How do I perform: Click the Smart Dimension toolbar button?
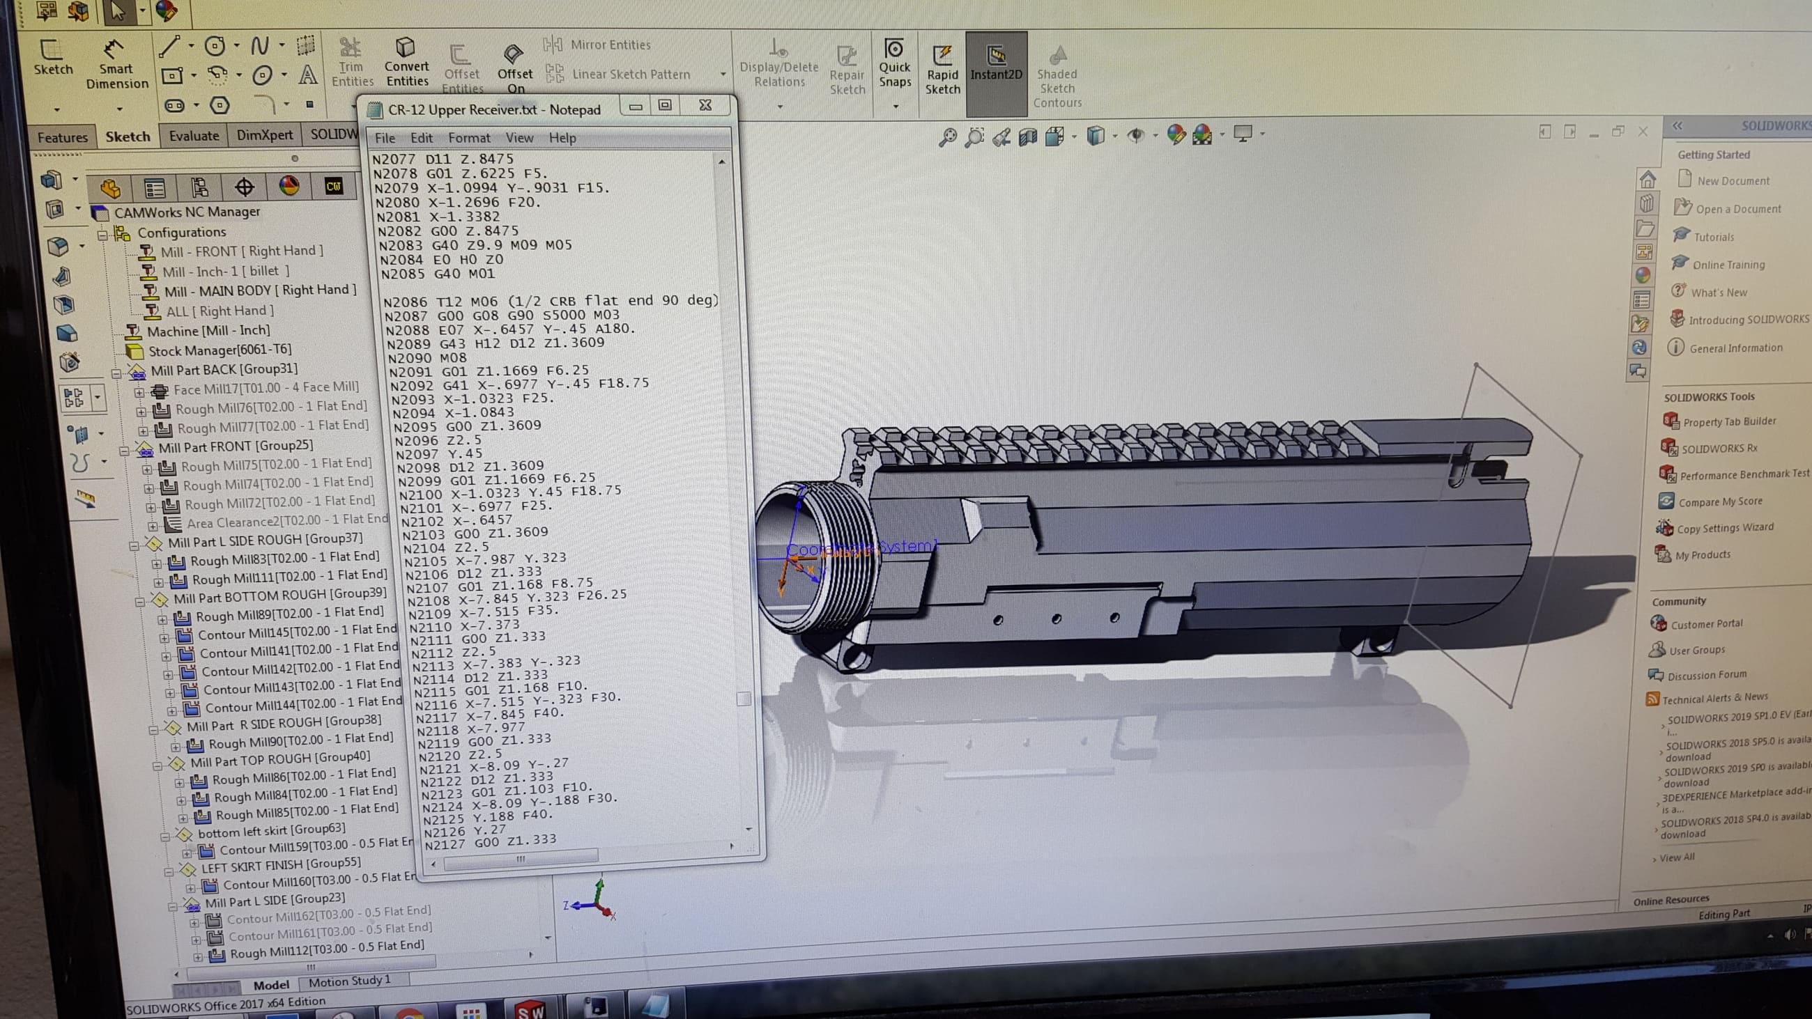(116, 67)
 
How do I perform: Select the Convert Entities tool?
(406, 63)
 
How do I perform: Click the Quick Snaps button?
(894, 63)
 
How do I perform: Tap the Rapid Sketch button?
(942, 70)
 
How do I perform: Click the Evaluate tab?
(194, 136)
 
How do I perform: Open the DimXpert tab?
(265, 135)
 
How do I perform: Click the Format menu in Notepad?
(468, 138)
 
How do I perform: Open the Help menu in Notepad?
(562, 138)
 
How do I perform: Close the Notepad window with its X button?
(705, 105)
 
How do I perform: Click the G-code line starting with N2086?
(548, 301)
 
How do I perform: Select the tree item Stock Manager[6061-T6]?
(219, 350)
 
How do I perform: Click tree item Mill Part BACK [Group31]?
(224, 369)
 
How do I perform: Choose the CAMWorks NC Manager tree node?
(186, 212)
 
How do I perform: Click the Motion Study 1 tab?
(349, 980)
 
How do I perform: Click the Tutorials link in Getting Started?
(1714, 237)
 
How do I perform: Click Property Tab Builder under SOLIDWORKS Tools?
(1729, 421)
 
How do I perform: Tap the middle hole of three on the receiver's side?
(1056, 619)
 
